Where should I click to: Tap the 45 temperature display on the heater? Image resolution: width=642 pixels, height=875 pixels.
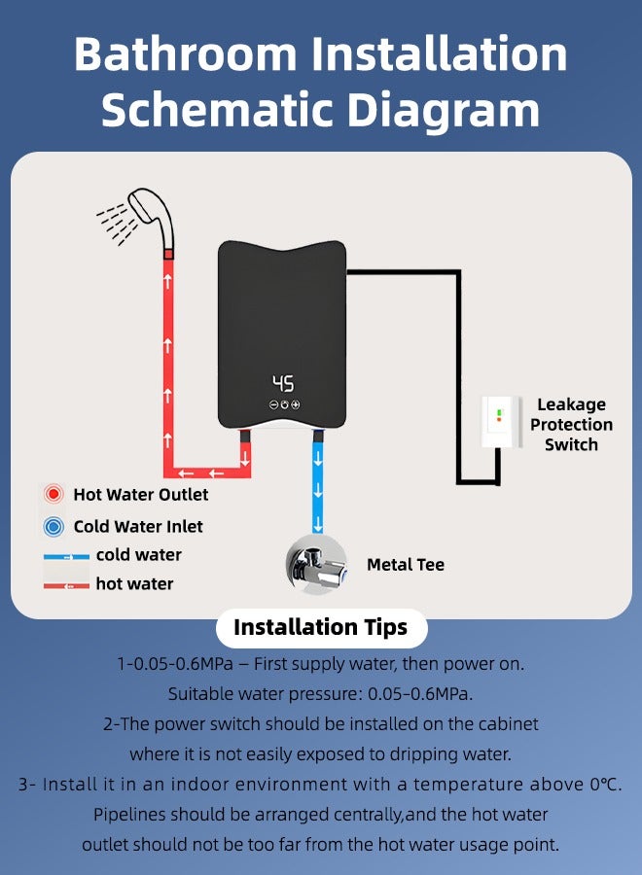point(283,383)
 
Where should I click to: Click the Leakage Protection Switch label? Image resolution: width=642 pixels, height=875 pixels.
point(571,425)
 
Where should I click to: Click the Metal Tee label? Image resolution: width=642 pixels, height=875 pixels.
point(405,565)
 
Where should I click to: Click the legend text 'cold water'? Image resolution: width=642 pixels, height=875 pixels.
point(138,555)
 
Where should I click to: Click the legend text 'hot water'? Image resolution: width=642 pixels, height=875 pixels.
point(134,583)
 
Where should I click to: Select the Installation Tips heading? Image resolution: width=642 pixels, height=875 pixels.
point(320,627)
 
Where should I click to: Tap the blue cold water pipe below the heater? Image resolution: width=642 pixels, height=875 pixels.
point(318,486)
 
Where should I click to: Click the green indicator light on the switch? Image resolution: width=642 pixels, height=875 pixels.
point(499,412)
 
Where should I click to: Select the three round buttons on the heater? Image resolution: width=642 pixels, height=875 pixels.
point(284,404)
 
